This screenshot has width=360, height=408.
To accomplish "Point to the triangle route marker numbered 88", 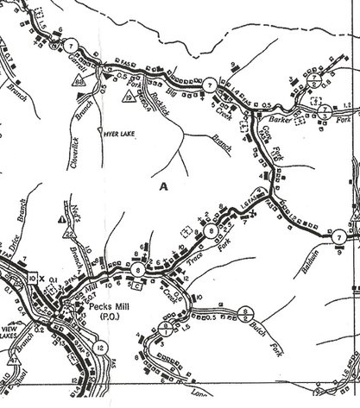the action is click(x=79, y=81).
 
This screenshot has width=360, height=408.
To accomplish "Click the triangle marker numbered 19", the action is click(x=127, y=98).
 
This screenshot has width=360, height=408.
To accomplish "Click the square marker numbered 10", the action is click(x=32, y=279).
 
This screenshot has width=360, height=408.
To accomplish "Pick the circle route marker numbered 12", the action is click(x=102, y=348).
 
